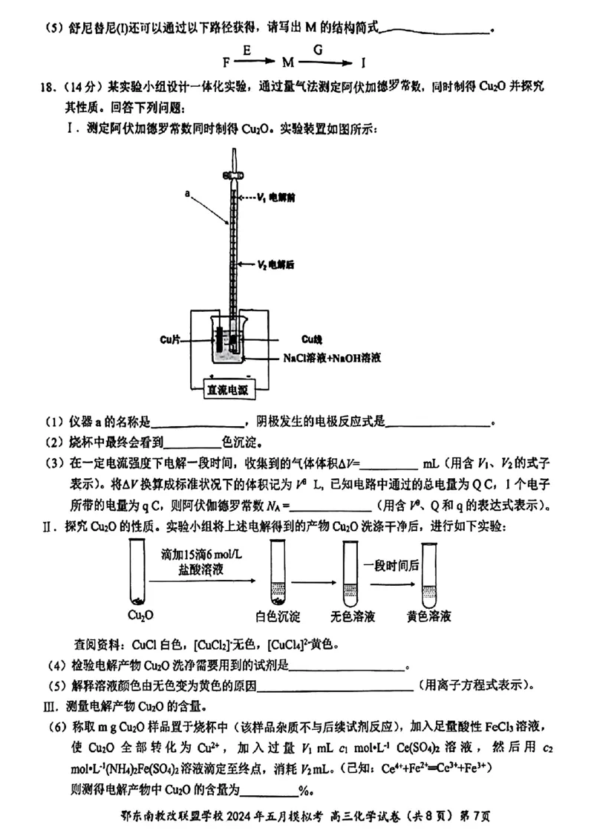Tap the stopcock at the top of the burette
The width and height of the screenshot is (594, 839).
coord(232,175)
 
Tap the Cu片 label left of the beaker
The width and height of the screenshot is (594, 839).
coord(170,340)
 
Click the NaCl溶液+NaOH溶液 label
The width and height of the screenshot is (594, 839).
coord(332,358)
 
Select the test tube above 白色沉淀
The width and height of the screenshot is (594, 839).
coord(277,571)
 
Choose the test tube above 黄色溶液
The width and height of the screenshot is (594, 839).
coord(428,571)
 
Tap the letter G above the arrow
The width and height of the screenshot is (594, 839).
coord(318,50)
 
